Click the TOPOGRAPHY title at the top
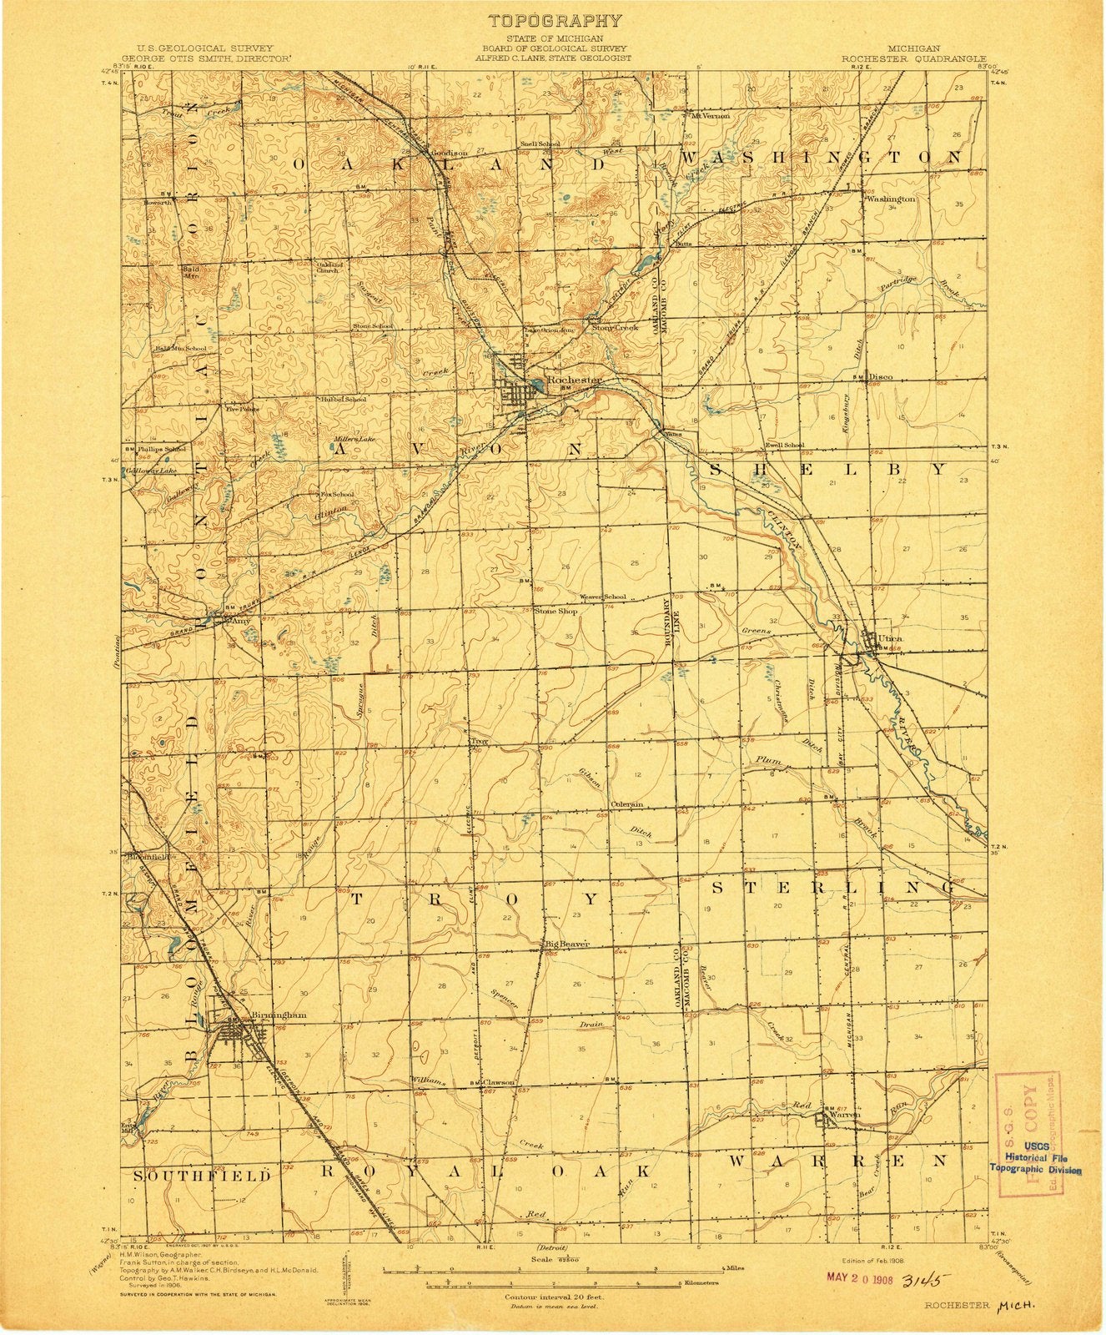(554, 21)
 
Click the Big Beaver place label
(568, 944)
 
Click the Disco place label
(880, 377)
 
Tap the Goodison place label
(448, 154)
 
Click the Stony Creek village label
(615, 328)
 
